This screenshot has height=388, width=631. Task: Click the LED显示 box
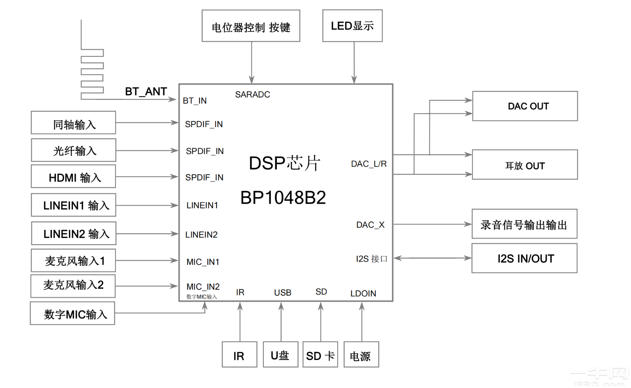coord(352,26)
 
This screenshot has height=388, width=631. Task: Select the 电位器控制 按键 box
coord(251,26)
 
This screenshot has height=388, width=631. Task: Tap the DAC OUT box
coord(525,106)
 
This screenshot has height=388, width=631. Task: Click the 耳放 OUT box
coord(525,165)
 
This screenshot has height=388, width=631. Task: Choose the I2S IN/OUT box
coord(525,258)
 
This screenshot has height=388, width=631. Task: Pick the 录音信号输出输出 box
coord(524,224)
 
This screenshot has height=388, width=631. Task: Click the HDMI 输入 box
coord(74,177)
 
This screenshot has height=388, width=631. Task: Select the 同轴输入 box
coord(74,123)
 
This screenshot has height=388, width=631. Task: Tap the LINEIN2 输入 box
coord(74,234)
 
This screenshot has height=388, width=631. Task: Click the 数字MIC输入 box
coord(73,314)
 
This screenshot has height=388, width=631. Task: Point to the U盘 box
coord(280,355)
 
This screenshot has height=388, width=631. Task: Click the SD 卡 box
coord(320,355)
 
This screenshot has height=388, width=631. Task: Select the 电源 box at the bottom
coord(361,355)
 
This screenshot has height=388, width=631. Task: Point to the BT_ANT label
coord(146,92)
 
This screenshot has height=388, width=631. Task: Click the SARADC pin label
coord(252,95)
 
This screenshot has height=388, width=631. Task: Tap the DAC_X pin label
coord(370,225)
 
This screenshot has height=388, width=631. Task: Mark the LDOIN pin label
coord(363,294)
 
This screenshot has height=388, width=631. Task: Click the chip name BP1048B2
coord(283,198)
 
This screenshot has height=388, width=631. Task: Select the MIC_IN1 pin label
coord(203,262)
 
